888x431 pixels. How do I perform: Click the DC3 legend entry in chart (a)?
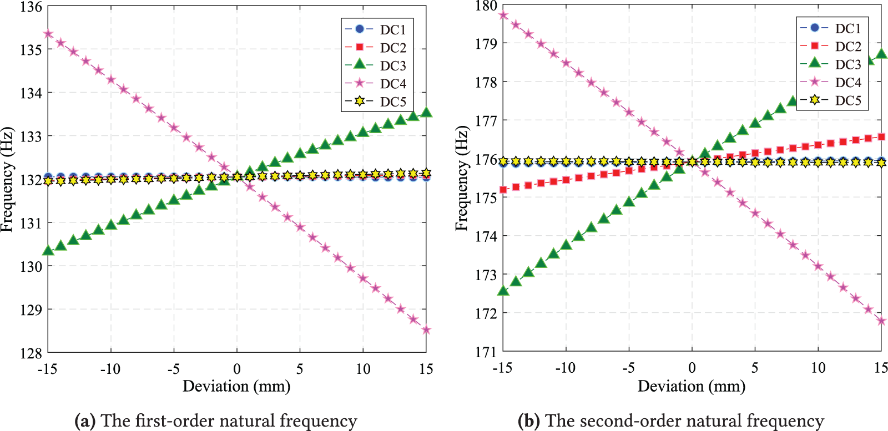click(x=393, y=65)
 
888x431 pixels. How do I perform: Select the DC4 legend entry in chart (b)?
click(x=848, y=82)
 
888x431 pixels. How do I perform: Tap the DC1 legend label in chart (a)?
click(x=393, y=29)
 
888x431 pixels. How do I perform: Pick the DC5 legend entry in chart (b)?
click(x=848, y=100)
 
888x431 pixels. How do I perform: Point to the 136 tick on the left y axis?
click(x=31, y=7)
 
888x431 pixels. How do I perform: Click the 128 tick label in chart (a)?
click(x=31, y=353)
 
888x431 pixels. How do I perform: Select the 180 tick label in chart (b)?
click(x=486, y=6)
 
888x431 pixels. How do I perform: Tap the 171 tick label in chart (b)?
click(x=486, y=352)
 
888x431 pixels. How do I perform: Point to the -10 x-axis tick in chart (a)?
click(x=110, y=369)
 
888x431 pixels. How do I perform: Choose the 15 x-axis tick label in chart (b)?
click(x=881, y=368)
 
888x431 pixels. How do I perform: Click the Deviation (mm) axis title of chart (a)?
click(x=236, y=386)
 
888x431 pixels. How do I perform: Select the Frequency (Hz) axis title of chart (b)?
click(x=462, y=179)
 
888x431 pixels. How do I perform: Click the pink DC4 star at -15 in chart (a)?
click(x=48, y=34)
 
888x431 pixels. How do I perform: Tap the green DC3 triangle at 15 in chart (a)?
click(x=426, y=113)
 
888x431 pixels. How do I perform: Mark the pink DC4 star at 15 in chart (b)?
click(x=881, y=321)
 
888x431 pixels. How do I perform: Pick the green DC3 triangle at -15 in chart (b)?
click(x=503, y=291)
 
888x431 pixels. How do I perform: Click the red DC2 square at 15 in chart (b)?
click(x=881, y=136)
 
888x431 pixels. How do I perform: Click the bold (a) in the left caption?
click(x=85, y=421)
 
